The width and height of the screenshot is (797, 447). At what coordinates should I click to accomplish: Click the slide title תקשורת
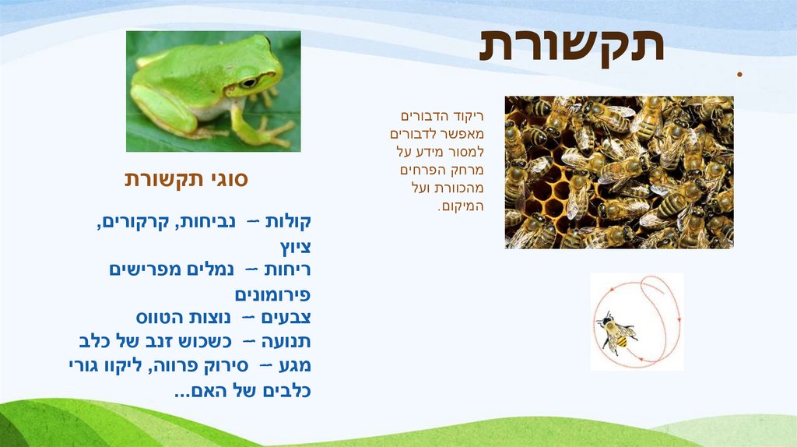point(572,46)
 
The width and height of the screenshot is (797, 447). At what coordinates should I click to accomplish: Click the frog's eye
point(248,82)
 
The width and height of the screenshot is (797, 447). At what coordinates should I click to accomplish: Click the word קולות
point(288,222)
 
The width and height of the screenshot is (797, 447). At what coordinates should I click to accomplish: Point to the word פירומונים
point(272,296)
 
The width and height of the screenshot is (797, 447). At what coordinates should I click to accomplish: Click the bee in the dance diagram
point(616,332)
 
